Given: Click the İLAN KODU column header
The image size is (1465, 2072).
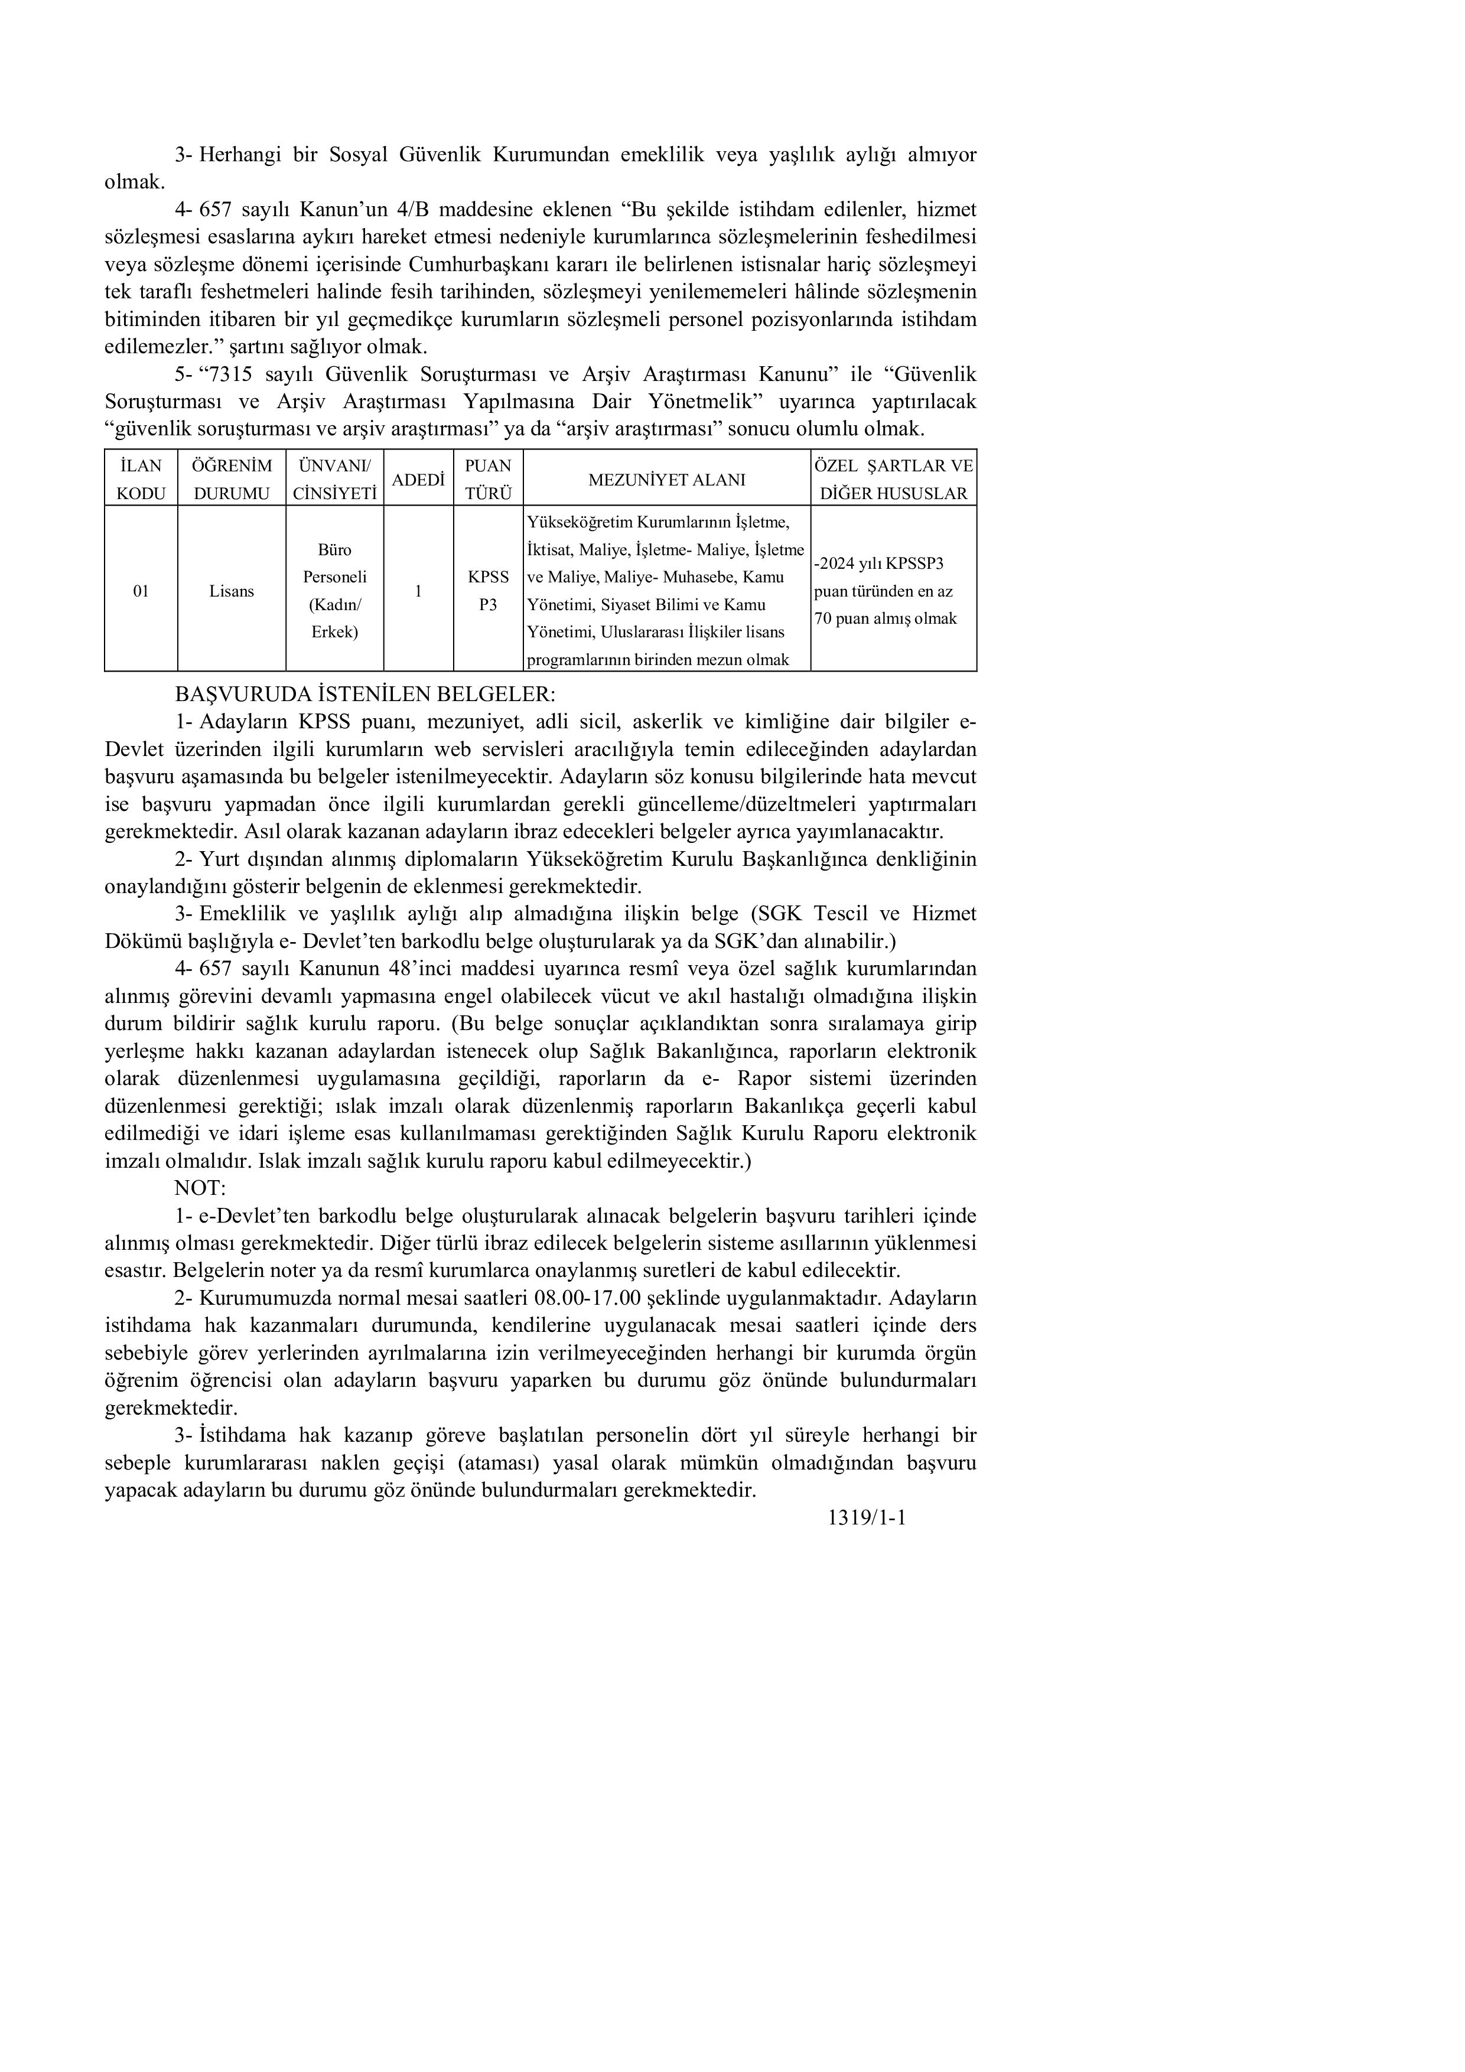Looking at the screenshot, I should (141, 478).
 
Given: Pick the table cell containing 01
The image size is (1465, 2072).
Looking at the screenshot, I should (141, 591).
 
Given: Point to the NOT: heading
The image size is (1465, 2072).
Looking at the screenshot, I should (200, 1188).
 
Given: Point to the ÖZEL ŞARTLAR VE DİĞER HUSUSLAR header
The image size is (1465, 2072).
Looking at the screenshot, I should (893, 478).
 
